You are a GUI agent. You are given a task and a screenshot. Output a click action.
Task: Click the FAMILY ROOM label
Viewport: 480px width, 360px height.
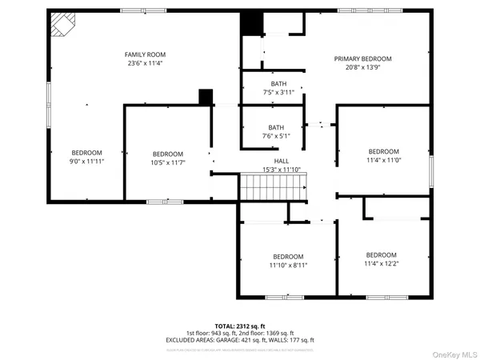(144, 54)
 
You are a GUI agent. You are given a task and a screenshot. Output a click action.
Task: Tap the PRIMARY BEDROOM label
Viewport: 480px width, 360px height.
(362, 58)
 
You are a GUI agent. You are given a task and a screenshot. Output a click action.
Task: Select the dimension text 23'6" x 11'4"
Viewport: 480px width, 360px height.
(144, 63)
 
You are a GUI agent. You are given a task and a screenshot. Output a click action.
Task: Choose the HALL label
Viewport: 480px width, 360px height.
(281, 160)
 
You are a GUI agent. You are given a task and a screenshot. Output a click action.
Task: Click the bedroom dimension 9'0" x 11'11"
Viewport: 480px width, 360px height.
(87, 162)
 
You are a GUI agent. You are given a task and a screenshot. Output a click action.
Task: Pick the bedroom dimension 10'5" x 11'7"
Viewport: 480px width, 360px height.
(168, 162)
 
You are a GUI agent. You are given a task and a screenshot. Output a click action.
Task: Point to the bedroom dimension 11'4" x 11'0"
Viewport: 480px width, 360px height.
(382, 160)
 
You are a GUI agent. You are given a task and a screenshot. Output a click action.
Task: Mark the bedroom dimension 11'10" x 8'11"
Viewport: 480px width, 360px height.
(287, 265)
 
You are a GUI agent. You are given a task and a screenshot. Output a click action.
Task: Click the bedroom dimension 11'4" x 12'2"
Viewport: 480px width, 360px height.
(381, 263)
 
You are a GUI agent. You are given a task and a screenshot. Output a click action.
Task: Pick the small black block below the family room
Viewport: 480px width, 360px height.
(206, 96)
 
